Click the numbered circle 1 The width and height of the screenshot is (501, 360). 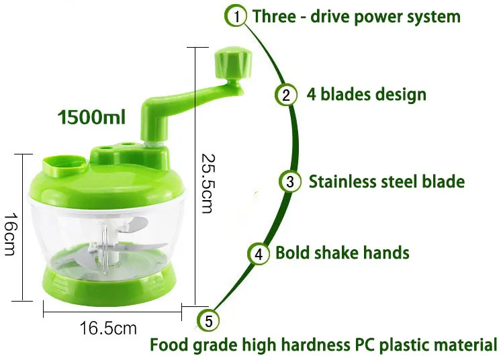tap(236, 15)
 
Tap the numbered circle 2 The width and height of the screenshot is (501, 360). tap(285, 95)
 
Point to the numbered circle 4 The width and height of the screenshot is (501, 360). tap(259, 254)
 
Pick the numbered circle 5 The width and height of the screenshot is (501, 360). tap(209, 321)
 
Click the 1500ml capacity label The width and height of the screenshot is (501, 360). tap(92, 118)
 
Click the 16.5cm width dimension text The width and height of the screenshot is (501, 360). tap(108, 329)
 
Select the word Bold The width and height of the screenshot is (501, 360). tap(293, 253)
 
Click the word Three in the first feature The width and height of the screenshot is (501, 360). tap(273, 16)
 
